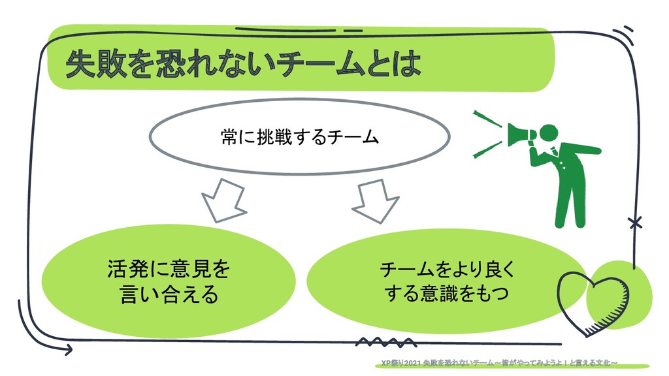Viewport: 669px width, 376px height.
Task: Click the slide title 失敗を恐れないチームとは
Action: click(x=242, y=65)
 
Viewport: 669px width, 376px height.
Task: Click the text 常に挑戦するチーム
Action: click(x=299, y=137)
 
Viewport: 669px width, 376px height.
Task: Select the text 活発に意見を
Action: click(x=169, y=269)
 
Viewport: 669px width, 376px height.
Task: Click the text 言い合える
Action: click(x=169, y=295)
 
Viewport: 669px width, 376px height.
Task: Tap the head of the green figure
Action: click(x=550, y=133)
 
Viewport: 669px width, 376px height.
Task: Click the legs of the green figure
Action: click(x=566, y=202)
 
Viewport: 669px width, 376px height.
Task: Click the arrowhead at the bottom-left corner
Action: click(x=67, y=350)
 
